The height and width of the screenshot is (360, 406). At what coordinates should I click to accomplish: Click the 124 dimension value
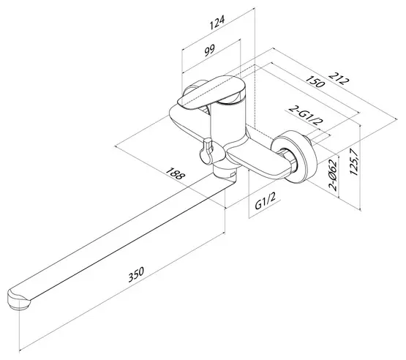[217, 23]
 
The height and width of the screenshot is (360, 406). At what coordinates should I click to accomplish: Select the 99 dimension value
[209, 50]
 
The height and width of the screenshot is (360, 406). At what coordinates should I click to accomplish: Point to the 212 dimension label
[339, 78]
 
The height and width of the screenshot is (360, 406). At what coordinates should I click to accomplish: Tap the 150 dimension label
[315, 81]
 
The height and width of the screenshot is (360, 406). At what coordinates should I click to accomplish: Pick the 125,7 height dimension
[354, 162]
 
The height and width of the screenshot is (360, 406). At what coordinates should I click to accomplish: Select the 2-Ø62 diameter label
[333, 174]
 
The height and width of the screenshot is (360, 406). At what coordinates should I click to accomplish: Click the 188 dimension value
[176, 173]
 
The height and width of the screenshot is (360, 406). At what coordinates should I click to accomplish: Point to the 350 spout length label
[136, 274]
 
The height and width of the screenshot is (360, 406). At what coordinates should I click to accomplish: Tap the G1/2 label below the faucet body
[265, 201]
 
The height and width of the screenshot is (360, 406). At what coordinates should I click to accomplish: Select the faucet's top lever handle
[212, 92]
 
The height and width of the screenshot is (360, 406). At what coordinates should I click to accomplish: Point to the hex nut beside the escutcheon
[289, 160]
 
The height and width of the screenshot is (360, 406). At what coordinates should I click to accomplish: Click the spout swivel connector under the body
[225, 171]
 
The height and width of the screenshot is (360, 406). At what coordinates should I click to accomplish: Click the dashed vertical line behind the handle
[255, 97]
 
